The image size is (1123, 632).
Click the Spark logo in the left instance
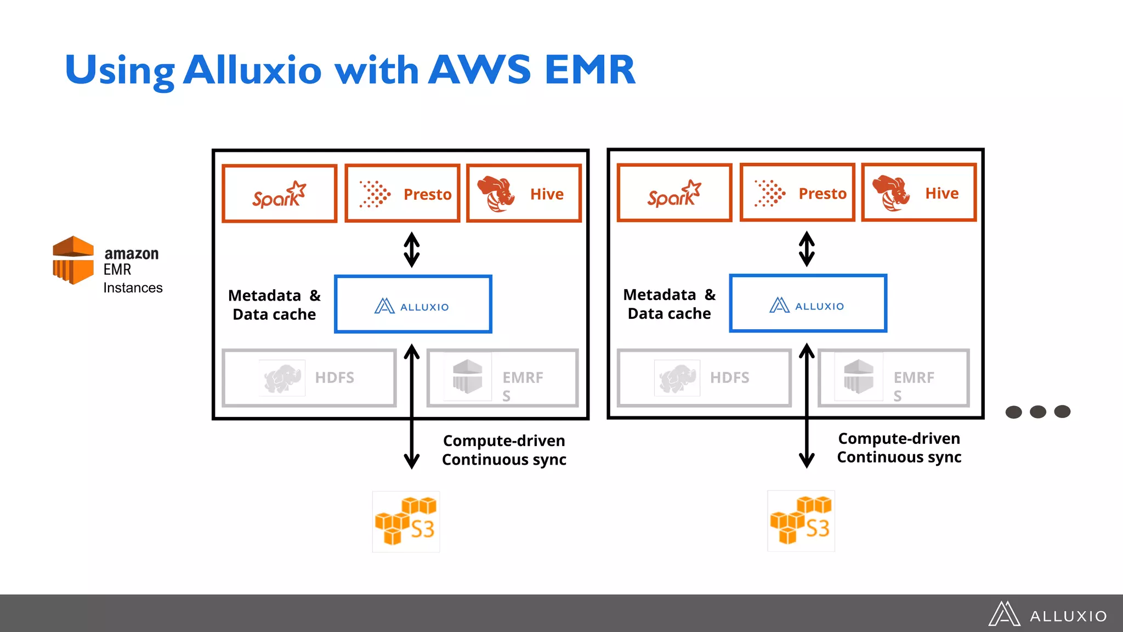point(279,194)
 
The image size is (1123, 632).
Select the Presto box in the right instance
point(797,193)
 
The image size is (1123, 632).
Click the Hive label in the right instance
point(941,193)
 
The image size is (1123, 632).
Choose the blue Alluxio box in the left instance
point(413,304)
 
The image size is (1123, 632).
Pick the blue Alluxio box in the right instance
point(808,303)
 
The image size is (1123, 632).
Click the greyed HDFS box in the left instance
point(309,378)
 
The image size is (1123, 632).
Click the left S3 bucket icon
point(406,521)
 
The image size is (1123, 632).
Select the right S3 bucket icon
point(801,521)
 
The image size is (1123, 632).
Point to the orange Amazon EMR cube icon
point(73,260)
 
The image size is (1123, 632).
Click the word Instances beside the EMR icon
point(133,288)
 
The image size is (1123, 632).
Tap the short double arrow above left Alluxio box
point(412,250)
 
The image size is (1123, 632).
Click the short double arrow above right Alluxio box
point(807,249)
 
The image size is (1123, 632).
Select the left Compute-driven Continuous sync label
point(504,450)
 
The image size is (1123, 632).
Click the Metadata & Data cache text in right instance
point(669,304)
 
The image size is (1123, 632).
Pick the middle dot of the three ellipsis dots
point(1037,411)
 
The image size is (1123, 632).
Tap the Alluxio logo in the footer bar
point(1048,614)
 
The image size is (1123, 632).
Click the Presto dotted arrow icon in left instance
point(375,194)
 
